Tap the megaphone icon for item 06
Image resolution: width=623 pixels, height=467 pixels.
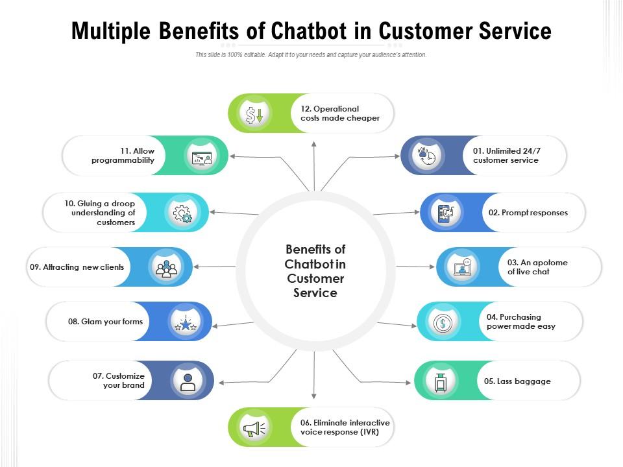tap(254, 428)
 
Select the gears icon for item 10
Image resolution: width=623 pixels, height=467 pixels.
tap(182, 213)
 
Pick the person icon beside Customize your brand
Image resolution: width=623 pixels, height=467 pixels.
tap(188, 381)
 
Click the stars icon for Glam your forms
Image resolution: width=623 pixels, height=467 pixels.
tap(186, 322)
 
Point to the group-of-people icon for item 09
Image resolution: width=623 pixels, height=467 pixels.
tap(166, 267)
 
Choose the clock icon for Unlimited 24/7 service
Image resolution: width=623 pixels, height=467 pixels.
tap(427, 156)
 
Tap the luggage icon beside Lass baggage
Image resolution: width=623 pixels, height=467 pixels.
tap(441, 381)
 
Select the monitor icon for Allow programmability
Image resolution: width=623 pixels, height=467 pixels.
tap(202, 156)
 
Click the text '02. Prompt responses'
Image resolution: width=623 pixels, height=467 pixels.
tap(528, 213)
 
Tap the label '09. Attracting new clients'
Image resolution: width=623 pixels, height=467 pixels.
tap(77, 267)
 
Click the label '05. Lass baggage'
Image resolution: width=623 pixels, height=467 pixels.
tap(517, 381)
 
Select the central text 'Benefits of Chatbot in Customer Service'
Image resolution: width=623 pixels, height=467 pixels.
tap(315, 270)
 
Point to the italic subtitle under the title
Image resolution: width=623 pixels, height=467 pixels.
tap(311, 55)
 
